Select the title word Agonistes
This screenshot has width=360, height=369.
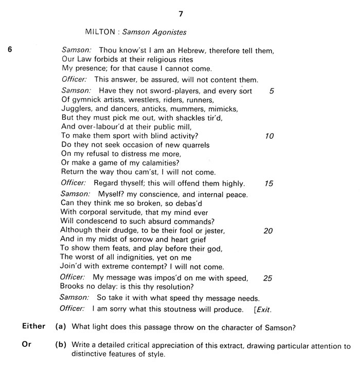168,32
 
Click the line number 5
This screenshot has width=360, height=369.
271,91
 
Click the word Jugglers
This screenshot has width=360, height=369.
76,108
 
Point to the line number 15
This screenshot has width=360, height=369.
269,183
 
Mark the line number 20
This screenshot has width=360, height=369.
268,230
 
